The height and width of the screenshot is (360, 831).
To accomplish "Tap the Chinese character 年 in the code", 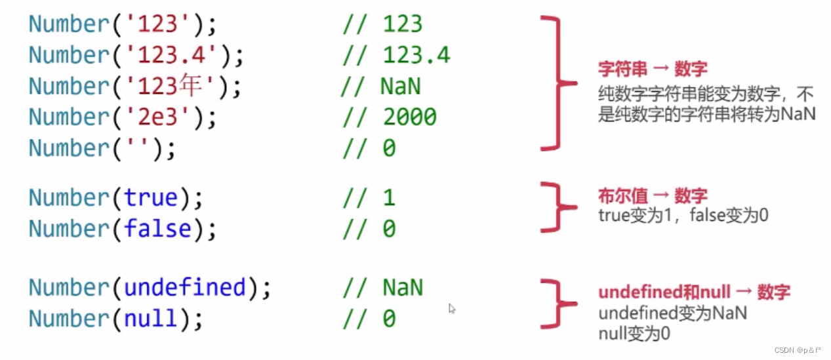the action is (x=205, y=86).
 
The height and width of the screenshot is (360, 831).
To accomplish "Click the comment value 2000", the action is (x=409, y=117).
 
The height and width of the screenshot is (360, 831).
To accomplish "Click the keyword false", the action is (x=157, y=229).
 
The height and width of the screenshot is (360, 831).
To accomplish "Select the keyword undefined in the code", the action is (x=184, y=287).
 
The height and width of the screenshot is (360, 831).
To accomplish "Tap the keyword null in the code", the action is (x=151, y=318).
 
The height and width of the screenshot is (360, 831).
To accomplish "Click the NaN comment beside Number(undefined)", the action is (x=403, y=287).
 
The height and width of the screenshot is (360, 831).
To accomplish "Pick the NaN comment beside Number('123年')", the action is (x=400, y=86).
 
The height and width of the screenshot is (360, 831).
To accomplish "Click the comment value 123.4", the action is (x=416, y=55).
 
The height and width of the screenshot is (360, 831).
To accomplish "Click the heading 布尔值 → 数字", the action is (x=653, y=195).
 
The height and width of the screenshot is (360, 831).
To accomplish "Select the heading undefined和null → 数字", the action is (x=694, y=292).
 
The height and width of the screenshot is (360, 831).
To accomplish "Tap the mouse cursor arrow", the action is (x=452, y=308).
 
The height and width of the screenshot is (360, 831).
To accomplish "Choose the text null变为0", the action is (x=634, y=334).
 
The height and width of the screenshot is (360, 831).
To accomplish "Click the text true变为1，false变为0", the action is (x=683, y=214).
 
